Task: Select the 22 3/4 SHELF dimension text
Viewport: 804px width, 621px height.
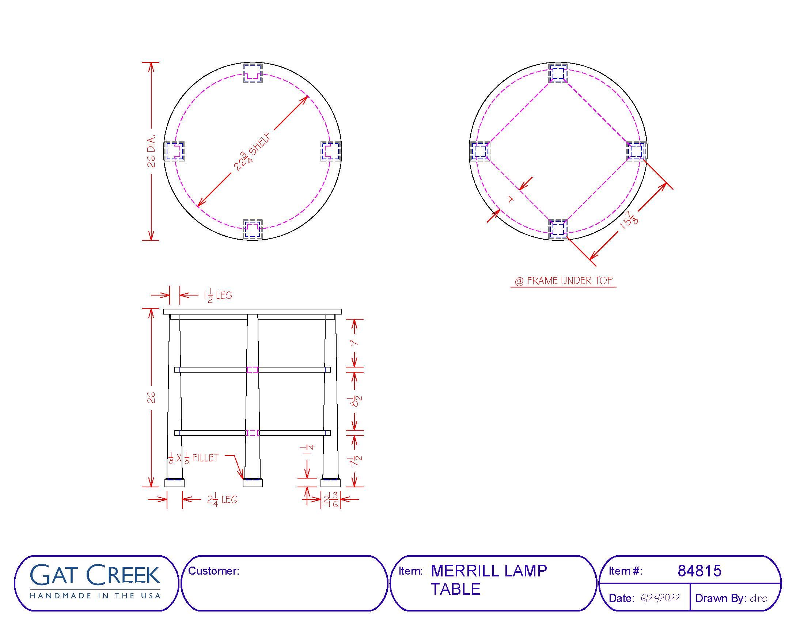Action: coord(253,152)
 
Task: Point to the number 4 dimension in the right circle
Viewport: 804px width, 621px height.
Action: coord(511,199)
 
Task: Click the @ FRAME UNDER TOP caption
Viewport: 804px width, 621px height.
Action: coord(563,281)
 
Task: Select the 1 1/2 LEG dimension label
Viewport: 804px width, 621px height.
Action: coord(218,296)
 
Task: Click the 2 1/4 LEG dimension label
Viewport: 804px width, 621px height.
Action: coord(222,500)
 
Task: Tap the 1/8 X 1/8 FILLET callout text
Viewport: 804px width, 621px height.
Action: coord(193,458)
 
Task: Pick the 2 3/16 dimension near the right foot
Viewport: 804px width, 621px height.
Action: coord(331,500)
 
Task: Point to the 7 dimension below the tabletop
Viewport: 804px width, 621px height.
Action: coord(354,343)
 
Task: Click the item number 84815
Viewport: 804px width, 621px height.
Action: coord(699,571)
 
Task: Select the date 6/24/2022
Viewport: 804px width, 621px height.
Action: coord(660,598)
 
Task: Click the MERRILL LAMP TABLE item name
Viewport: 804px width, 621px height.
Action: coord(489,580)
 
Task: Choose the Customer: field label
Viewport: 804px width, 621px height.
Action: coord(213,571)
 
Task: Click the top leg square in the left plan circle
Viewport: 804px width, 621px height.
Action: coord(253,73)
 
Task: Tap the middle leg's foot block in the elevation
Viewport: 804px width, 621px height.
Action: coord(253,483)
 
